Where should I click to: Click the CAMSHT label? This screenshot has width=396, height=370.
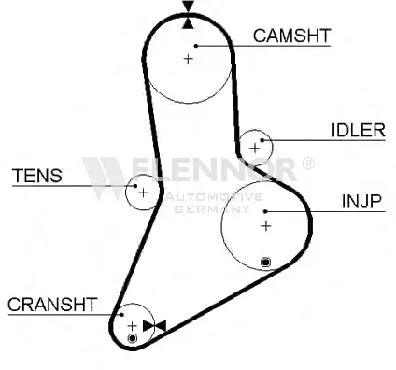click(291, 36)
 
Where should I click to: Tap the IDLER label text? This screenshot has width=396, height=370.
click(359, 131)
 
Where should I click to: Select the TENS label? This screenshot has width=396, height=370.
click(37, 176)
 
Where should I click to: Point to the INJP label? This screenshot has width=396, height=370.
click(361, 202)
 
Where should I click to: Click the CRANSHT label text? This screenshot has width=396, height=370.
click(52, 305)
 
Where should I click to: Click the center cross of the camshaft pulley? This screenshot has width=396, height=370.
click(188, 59)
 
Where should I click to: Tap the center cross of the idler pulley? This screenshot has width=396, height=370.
click(255, 148)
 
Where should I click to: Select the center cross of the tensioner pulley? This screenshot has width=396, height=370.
click(143, 192)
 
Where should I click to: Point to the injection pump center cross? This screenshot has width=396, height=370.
click(266, 226)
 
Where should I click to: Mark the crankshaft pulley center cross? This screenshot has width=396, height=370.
click(133, 326)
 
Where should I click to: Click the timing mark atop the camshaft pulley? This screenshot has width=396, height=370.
click(189, 15)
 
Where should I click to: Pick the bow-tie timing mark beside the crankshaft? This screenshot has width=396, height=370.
click(154, 326)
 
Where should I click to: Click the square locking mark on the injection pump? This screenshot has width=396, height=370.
click(265, 263)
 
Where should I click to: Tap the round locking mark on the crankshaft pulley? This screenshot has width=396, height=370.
click(133, 338)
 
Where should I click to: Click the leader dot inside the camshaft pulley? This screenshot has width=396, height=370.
click(196, 46)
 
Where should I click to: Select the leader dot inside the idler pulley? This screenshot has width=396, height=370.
click(262, 140)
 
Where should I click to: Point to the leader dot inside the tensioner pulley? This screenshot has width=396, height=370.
click(135, 186)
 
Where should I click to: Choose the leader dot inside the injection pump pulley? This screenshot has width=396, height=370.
click(265, 211)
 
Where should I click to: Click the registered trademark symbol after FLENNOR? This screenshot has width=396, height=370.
click(308, 164)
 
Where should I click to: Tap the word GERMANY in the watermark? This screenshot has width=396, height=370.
click(212, 208)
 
